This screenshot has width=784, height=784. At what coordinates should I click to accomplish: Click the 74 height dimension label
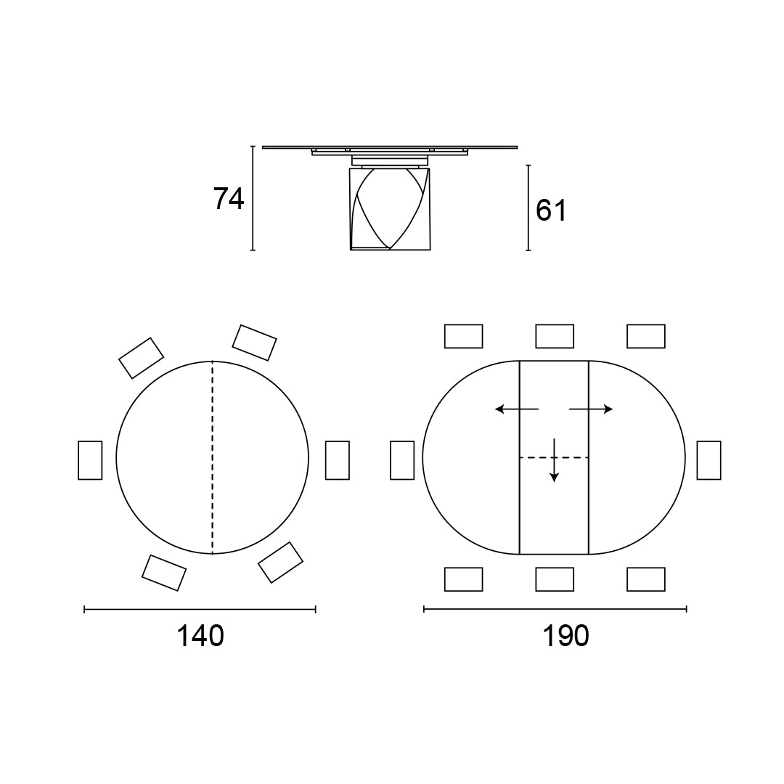(x=229, y=198)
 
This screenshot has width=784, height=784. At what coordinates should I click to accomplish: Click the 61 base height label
(x=551, y=211)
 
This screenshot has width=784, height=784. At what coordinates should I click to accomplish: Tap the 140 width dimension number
(x=200, y=636)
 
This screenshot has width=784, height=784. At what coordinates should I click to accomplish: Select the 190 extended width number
(x=566, y=636)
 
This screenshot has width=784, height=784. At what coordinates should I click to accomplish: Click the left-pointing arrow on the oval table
(x=517, y=409)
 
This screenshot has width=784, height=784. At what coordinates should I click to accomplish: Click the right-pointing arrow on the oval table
(x=591, y=409)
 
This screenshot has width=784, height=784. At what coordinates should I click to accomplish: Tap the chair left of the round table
(x=90, y=460)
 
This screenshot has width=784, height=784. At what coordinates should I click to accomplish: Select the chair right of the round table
(x=338, y=460)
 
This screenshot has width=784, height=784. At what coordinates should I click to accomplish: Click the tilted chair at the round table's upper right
(x=255, y=343)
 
